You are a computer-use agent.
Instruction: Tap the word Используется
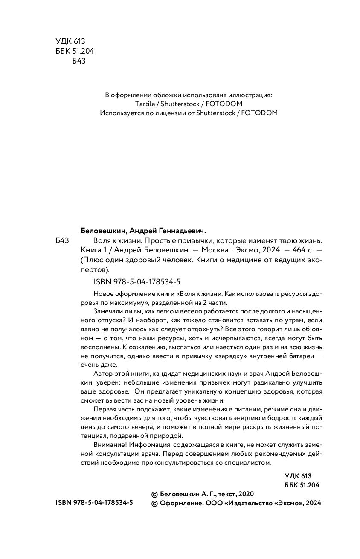(x=121, y=113)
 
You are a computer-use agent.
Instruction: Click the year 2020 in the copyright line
(x=246, y=494)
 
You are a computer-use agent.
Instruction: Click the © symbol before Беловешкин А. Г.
(x=155, y=494)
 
